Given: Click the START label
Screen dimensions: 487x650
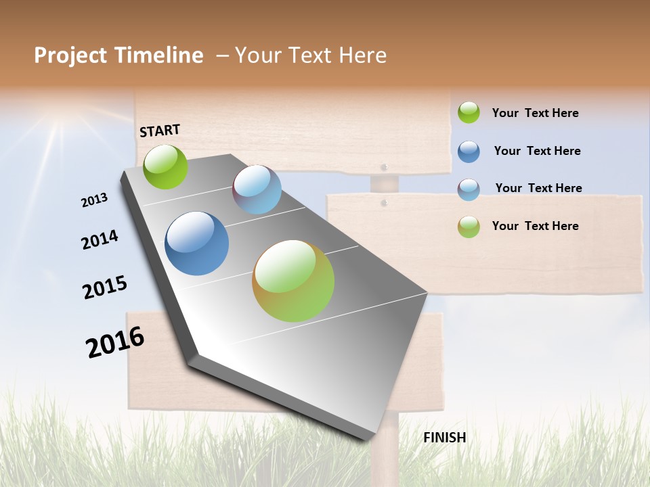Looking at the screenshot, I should (160, 131).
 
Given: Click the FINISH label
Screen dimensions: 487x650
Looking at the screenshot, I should (444, 438).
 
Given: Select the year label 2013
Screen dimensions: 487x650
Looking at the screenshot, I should (95, 200).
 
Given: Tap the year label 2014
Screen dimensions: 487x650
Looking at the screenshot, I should (100, 239).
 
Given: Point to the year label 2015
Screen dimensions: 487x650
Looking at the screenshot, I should (105, 287).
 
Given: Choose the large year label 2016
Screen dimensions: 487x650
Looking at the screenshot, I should (115, 342).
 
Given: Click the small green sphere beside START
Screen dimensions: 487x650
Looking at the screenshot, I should (165, 166).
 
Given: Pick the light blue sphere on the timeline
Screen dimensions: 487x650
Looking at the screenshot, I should (257, 189).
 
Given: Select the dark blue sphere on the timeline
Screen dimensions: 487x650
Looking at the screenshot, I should (197, 243).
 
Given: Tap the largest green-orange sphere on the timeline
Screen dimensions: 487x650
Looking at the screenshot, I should (293, 281).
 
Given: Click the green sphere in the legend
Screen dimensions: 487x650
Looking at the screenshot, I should (469, 112).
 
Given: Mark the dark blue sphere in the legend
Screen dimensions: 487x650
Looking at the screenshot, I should (469, 151).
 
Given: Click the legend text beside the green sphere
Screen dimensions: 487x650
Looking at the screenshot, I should (535, 113).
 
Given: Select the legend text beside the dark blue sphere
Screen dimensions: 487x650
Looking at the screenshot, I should (537, 151).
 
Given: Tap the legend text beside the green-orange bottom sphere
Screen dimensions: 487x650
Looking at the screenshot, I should (535, 226).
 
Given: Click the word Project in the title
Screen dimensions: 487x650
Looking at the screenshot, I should (70, 55).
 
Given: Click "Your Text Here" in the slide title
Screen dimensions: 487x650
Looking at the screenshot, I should (311, 55).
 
